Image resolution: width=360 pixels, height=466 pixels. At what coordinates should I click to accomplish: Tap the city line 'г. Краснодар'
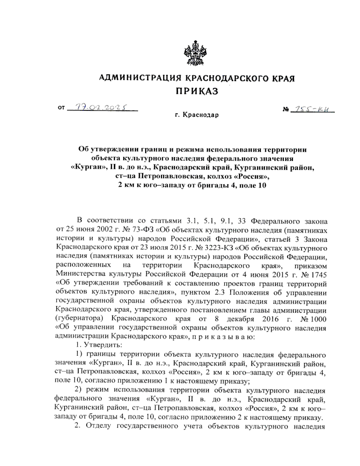[197, 115]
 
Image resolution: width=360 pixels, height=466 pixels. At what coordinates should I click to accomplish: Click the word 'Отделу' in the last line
[99, 426]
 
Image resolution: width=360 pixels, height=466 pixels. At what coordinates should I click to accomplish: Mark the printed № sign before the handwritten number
[285, 110]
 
